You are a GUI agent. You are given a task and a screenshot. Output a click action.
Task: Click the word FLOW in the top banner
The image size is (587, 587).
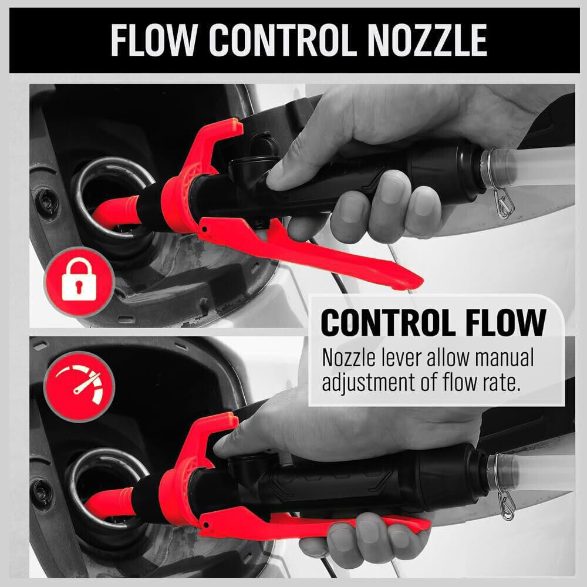[153, 40]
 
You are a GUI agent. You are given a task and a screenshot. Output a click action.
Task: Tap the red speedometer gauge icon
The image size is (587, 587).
[79, 386]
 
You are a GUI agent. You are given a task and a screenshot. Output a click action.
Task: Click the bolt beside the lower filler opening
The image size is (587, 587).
[41, 494]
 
